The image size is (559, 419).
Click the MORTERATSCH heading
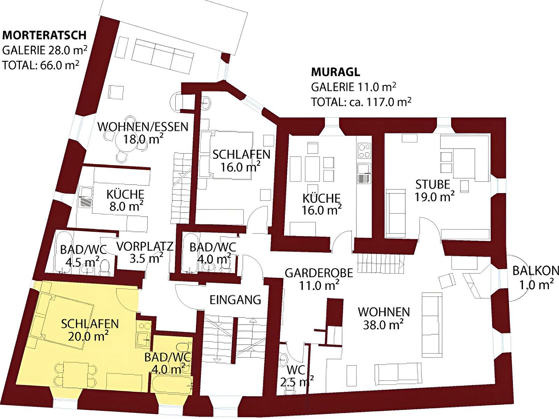44,35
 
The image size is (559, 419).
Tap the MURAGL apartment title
335,72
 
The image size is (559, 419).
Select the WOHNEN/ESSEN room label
143,126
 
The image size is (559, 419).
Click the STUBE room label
433,184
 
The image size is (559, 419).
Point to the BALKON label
536,271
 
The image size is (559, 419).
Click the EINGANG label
235,300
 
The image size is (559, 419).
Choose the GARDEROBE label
319,273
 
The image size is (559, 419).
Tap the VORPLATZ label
145,247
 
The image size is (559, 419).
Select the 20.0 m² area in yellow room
88,336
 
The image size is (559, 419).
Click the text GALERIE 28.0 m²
45,50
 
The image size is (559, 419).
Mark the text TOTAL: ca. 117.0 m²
361,102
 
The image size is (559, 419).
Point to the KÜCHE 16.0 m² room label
321,204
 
